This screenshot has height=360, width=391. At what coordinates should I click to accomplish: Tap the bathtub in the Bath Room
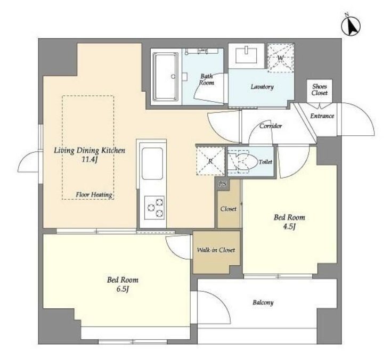[166, 76]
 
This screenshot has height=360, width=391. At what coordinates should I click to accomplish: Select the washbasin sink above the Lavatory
[246, 55]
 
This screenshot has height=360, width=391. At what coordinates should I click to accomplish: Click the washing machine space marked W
[281, 58]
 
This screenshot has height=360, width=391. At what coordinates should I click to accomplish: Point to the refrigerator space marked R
[211, 161]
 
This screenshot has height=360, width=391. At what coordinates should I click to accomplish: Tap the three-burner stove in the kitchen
[154, 208]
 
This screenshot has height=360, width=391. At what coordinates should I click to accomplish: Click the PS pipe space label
[223, 184]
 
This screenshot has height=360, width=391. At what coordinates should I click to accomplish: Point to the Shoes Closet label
[320, 90]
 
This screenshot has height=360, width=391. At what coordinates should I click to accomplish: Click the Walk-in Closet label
[216, 250]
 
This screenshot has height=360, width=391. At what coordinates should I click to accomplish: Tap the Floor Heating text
[94, 195]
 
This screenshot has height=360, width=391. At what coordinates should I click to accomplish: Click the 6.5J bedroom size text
[123, 289]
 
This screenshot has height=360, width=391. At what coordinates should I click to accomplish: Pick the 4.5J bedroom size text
[289, 227]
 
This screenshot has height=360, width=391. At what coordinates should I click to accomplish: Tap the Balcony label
[263, 302]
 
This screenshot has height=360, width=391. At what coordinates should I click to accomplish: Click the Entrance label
[322, 116]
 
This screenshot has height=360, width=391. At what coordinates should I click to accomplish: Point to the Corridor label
[271, 126]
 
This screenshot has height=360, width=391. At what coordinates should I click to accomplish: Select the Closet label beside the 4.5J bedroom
[229, 209]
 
